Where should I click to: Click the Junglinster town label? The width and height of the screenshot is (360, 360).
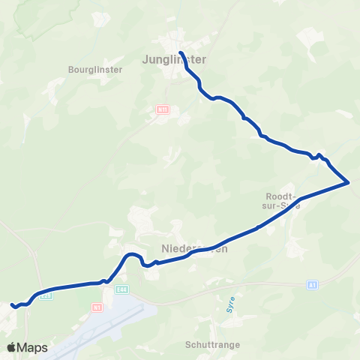pos(173,58)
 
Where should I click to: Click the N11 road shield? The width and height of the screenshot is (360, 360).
pos(163,109)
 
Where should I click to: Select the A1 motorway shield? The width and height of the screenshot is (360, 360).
pos(312,285)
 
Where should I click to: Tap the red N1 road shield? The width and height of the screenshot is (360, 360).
pos(96,307)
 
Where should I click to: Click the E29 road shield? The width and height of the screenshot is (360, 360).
pos(46,295)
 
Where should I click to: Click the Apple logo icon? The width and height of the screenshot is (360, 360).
pos(11,347)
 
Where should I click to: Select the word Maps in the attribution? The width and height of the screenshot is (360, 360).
pos(32,347)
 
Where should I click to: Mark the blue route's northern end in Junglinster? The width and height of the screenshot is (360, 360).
pos(181,52)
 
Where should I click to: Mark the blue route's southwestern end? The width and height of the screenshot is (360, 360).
pos(11,304)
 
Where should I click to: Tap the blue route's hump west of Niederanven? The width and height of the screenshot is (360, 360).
pos(132,256)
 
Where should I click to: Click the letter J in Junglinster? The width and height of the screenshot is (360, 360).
pos(144,58)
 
